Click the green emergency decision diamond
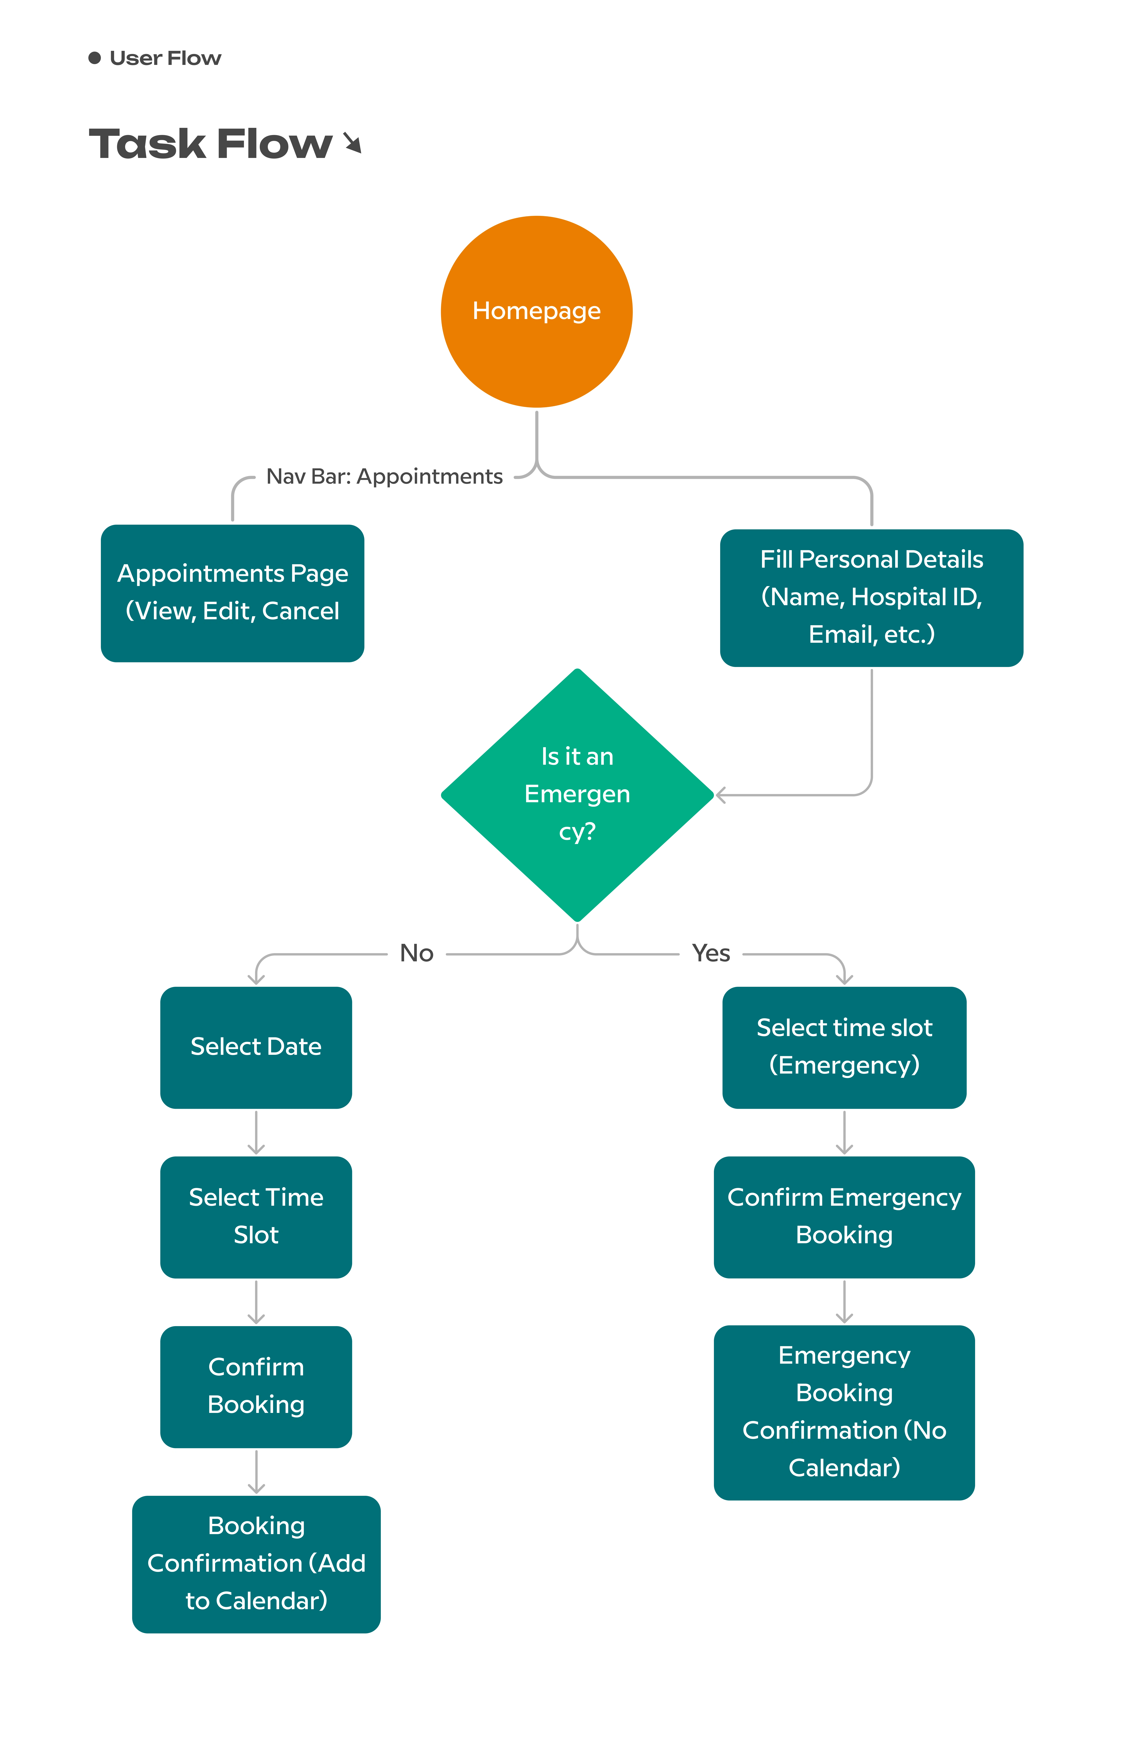point(577,795)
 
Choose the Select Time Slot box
point(256,1217)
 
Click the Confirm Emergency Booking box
point(844,1217)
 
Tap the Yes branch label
point(711,953)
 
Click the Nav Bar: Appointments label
point(385,477)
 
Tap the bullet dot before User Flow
point(94,58)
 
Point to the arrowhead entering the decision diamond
point(721,795)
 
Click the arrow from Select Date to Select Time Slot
point(256,1133)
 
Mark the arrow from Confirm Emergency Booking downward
point(844,1302)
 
